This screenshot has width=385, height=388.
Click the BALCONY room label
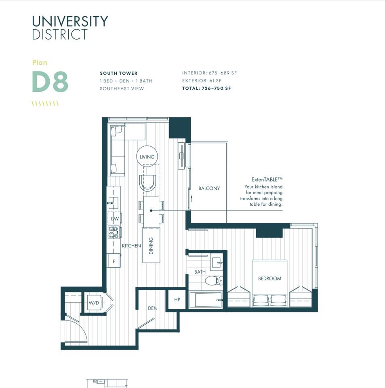[209, 188]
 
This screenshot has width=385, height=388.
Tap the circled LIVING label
[147, 157]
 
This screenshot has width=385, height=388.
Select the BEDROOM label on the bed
[269, 278]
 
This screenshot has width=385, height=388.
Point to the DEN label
[153, 308]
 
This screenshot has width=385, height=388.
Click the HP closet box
[177, 299]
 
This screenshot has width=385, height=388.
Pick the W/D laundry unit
[94, 303]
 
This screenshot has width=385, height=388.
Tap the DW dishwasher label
[115, 219]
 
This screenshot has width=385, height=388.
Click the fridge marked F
[114, 261]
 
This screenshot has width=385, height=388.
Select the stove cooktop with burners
[114, 232]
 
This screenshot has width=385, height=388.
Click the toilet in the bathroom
[214, 280]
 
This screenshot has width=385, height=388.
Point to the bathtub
[205, 300]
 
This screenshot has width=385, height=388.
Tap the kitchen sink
[112, 203]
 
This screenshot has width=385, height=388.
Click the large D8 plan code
[50, 81]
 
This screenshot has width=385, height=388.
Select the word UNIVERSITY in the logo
[70, 21]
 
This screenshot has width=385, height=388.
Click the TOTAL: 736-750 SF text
[206, 89]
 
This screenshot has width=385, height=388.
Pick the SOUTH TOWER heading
[119, 73]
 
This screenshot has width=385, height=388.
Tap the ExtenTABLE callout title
[267, 179]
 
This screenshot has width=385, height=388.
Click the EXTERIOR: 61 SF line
[202, 81]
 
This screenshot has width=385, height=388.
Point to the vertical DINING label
[151, 246]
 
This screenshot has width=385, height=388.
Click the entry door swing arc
[82, 327]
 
